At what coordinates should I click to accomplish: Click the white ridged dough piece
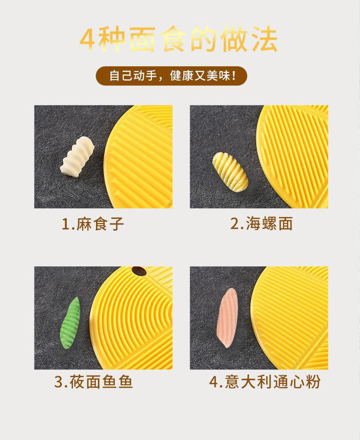click(x=77, y=157)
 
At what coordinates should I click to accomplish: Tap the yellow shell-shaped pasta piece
click(x=230, y=172)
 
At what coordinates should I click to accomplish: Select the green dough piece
click(x=70, y=323)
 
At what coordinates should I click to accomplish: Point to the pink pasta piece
click(x=228, y=317)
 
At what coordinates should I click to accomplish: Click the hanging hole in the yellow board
click(x=139, y=271)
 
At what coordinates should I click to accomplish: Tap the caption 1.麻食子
click(x=93, y=224)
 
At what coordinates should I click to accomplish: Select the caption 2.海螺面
click(x=262, y=224)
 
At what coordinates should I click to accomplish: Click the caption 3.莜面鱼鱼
click(x=93, y=382)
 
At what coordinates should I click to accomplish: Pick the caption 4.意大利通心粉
click(x=264, y=382)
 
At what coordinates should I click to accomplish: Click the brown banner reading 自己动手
click(x=171, y=76)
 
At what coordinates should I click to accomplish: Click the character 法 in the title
click(x=264, y=39)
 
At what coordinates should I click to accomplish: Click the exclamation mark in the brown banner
click(x=234, y=76)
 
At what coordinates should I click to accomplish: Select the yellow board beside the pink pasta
click(x=290, y=318)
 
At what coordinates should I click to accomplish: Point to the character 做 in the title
click(x=234, y=39)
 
